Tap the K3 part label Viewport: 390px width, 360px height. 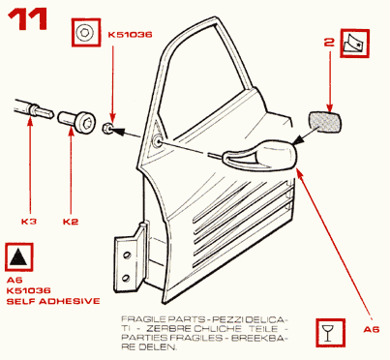[x=29, y=222]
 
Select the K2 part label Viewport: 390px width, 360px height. [x=71, y=222]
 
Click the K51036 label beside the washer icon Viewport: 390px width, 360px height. [x=130, y=35]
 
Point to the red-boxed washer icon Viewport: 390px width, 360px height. [x=85, y=33]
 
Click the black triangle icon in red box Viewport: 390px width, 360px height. [x=18, y=256]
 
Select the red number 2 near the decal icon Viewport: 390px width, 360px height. [x=329, y=43]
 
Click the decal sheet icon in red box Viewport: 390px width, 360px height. [x=354, y=44]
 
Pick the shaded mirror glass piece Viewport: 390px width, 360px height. [x=325, y=122]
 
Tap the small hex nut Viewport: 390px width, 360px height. [x=107, y=129]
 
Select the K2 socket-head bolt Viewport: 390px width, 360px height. [x=76, y=121]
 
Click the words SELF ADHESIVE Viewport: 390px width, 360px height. [x=53, y=301]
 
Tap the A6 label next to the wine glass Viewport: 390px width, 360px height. [x=372, y=329]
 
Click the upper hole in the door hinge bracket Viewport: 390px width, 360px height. [x=127, y=255]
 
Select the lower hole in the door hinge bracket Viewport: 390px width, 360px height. [x=127, y=278]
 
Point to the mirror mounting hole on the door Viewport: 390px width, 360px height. [x=158, y=142]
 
